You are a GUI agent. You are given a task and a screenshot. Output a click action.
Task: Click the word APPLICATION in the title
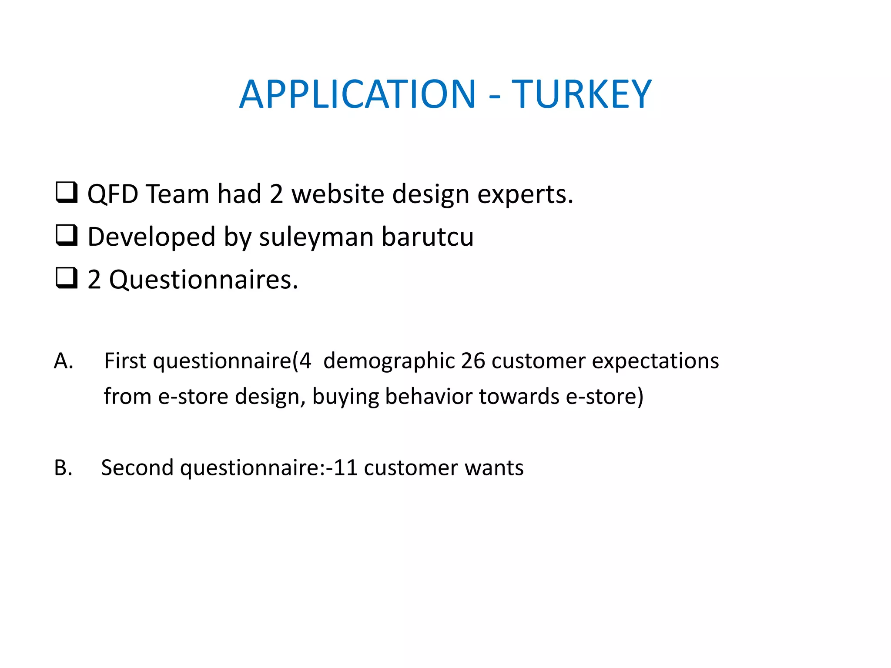click(358, 94)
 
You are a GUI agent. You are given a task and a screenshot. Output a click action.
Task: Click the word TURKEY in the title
click(581, 94)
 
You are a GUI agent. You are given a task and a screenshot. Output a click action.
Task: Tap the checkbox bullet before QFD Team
click(67, 193)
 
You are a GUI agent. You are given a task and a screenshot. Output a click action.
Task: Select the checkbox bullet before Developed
click(67, 235)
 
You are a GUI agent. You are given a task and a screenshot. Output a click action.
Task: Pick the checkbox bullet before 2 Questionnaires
click(67, 278)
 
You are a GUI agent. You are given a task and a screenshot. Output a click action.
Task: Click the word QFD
click(113, 194)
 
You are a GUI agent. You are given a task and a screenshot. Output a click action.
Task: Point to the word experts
click(525, 194)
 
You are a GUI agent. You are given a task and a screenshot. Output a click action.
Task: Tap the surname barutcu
click(427, 237)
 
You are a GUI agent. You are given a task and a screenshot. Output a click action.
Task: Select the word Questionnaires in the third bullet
click(203, 280)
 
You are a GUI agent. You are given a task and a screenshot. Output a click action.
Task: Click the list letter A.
click(64, 361)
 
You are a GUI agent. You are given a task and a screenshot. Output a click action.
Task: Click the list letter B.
click(63, 468)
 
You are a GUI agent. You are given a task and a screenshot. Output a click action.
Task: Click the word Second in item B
click(137, 468)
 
